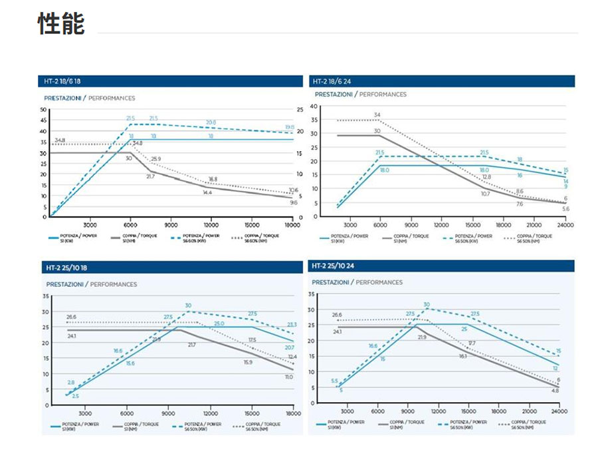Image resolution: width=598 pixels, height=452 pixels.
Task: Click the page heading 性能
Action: (x=61, y=25)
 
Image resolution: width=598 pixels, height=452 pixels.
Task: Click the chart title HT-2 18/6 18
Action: (x=62, y=81)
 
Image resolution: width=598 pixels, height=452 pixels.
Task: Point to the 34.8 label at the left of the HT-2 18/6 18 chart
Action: (x=60, y=140)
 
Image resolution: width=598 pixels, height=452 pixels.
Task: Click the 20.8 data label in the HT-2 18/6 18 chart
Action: (x=211, y=122)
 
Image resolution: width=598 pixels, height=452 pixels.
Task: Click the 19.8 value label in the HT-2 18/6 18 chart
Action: (x=290, y=127)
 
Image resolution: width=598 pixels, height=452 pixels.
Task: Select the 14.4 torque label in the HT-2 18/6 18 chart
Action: (x=207, y=192)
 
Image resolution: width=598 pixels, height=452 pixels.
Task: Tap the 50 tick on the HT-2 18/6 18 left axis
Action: (x=43, y=109)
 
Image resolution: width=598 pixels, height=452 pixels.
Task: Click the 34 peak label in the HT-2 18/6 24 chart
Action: (x=377, y=115)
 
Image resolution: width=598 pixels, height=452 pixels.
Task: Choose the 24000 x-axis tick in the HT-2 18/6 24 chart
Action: (x=565, y=225)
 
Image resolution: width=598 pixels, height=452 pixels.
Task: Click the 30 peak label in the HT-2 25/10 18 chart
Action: (x=188, y=306)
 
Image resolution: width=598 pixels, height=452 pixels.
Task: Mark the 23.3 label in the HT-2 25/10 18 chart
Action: (x=292, y=325)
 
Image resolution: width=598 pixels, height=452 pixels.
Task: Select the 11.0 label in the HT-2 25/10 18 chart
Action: (x=289, y=377)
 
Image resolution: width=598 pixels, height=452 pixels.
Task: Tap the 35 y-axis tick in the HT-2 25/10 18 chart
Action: (x=45, y=296)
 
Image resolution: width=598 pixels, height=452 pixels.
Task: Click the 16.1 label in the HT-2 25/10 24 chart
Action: (x=462, y=356)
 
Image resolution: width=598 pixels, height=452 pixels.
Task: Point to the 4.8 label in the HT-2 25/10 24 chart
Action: (x=555, y=391)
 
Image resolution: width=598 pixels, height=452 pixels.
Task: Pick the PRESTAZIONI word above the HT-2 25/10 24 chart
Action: (x=330, y=282)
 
